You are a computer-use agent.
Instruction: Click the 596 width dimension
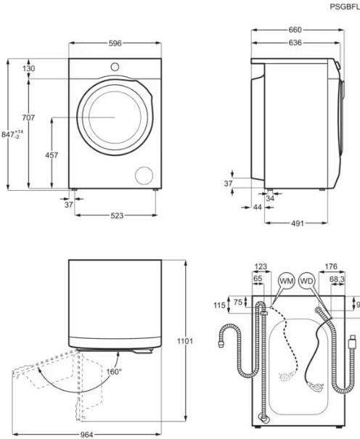tap(115, 44)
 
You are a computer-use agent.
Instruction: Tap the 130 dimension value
tap(28, 69)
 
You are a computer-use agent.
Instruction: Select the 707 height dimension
tap(28, 118)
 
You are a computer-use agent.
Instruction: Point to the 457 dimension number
tap(52, 156)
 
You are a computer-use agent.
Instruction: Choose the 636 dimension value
tap(293, 43)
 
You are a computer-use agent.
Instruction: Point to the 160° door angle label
tap(115, 371)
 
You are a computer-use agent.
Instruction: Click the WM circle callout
tap(287, 280)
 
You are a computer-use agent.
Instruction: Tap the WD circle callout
tap(307, 280)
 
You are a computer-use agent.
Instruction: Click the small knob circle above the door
tap(115, 67)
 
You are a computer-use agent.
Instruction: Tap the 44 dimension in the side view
tap(237, 208)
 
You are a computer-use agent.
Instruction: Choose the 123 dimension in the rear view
tap(261, 266)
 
